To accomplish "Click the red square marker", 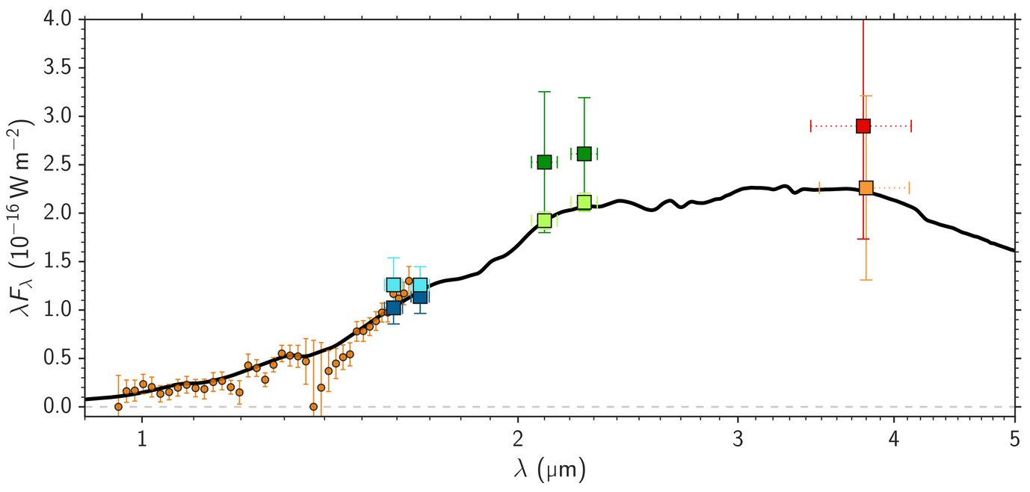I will pos(863,125).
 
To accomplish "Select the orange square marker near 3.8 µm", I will pos(866,187).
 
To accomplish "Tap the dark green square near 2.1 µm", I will pos(544,162).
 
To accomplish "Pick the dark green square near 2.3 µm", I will pos(585,153).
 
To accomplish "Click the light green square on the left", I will pos(544,220).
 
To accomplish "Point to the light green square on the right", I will pos(585,202).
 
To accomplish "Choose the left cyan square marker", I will pos(394,284).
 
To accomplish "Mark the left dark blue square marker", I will pos(394,308).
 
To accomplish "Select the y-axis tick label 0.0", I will pos(58,407).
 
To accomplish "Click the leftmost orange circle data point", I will pos(118,406).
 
